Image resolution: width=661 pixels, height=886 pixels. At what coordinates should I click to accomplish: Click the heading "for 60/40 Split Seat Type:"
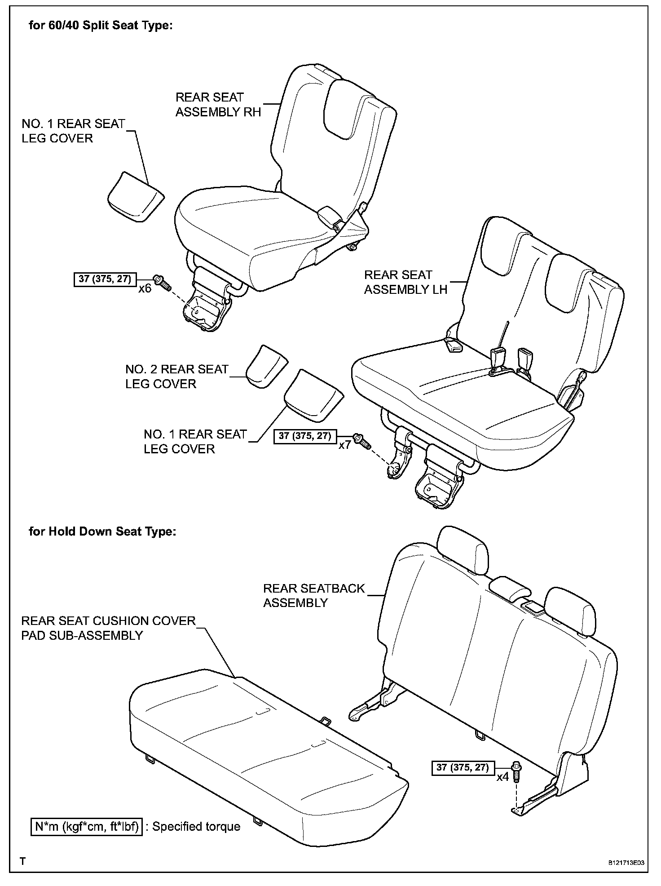(x=101, y=26)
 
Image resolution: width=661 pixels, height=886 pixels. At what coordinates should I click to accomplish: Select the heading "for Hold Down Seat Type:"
(x=102, y=532)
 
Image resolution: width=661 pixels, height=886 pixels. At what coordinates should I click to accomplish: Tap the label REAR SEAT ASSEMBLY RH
(x=218, y=105)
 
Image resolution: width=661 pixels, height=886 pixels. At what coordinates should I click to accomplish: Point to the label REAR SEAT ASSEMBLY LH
(x=405, y=282)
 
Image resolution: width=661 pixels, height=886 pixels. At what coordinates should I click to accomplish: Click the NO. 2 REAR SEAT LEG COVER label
(x=176, y=377)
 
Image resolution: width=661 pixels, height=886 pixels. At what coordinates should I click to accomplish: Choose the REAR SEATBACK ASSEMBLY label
(x=314, y=595)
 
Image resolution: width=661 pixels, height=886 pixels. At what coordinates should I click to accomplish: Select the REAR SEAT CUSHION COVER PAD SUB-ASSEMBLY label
(x=108, y=628)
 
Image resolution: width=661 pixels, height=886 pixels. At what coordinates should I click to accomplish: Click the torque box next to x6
(x=105, y=279)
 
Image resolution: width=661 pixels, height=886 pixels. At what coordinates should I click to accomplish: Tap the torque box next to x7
(x=305, y=436)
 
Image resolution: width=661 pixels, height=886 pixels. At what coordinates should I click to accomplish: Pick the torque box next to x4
(x=463, y=767)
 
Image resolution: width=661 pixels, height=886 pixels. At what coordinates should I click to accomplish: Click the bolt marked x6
(x=162, y=282)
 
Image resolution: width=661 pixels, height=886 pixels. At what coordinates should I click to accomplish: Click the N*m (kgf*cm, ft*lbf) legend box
(x=86, y=826)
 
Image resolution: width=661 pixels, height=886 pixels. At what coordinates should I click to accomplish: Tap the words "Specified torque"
(x=196, y=827)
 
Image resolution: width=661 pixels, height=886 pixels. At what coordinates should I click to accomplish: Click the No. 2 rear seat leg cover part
(x=266, y=366)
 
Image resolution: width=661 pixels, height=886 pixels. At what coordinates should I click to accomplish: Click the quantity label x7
(x=344, y=445)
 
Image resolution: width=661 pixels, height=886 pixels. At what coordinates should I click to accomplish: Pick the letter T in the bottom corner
(x=23, y=861)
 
